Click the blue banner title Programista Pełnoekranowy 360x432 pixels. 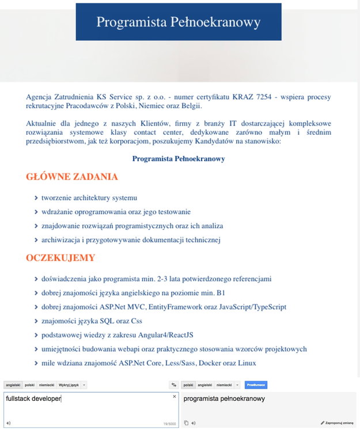click(x=179, y=22)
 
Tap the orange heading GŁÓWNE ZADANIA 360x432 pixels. click(x=72, y=177)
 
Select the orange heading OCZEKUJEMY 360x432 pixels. click(x=60, y=257)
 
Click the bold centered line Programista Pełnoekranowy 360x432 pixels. click(x=179, y=158)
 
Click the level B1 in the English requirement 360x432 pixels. click(x=220, y=293)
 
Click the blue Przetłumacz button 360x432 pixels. click(x=256, y=385)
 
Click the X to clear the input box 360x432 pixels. click(x=175, y=397)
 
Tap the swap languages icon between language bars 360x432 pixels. click(x=173, y=385)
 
